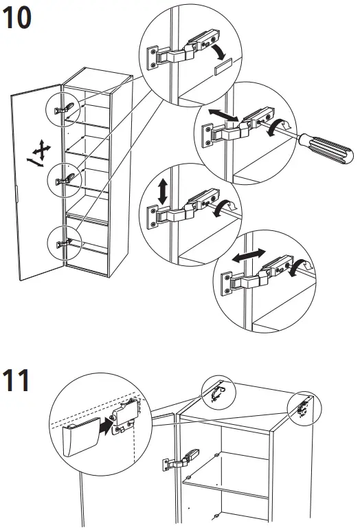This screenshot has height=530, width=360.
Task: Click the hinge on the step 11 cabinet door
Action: point(181,460)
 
